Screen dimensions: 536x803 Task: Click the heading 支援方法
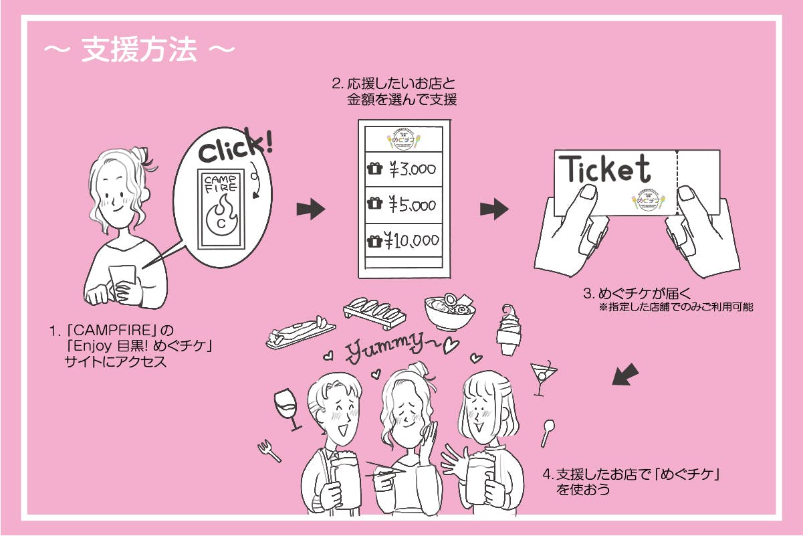(x=139, y=51)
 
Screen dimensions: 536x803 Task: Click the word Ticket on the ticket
(x=605, y=169)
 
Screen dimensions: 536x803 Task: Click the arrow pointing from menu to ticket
(x=494, y=209)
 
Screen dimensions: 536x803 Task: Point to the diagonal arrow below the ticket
(x=626, y=375)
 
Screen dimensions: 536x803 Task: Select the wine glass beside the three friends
(x=285, y=406)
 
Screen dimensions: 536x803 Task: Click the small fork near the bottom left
(x=269, y=450)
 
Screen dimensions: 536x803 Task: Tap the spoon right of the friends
(x=548, y=431)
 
